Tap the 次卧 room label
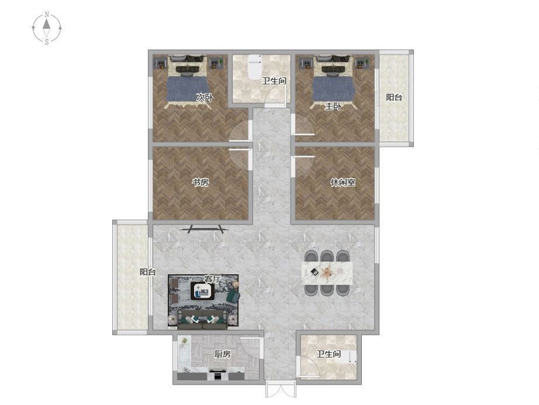click(205, 97)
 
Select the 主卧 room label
click(333, 107)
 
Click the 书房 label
click(201, 183)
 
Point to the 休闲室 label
click(343, 183)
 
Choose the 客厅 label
click(212, 279)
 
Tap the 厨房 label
click(222, 353)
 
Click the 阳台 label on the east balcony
click(394, 97)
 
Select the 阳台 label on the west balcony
click(148, 272)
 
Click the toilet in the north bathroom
click(255, 66)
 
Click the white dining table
click(327, 273)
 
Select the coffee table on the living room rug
click(202, 291)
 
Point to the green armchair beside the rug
click(233, 296)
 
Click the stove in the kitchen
click(218, 375)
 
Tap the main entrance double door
click(281, 390)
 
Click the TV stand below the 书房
click(205, 229)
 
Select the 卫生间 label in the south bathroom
click(329, 353)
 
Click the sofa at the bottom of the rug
click(203, 319)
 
